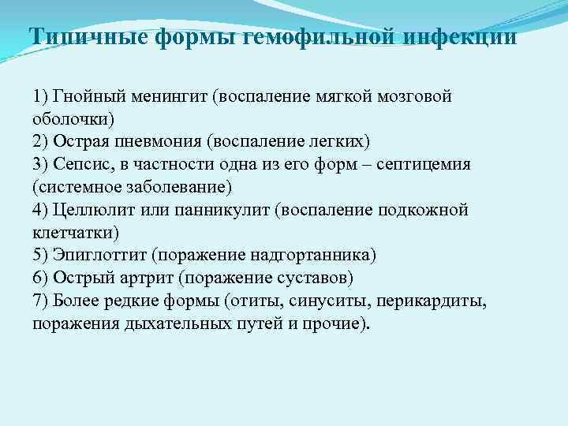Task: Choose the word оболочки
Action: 73,119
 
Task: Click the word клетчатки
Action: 75,233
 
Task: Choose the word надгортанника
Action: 319,256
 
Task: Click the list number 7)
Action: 42,301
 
